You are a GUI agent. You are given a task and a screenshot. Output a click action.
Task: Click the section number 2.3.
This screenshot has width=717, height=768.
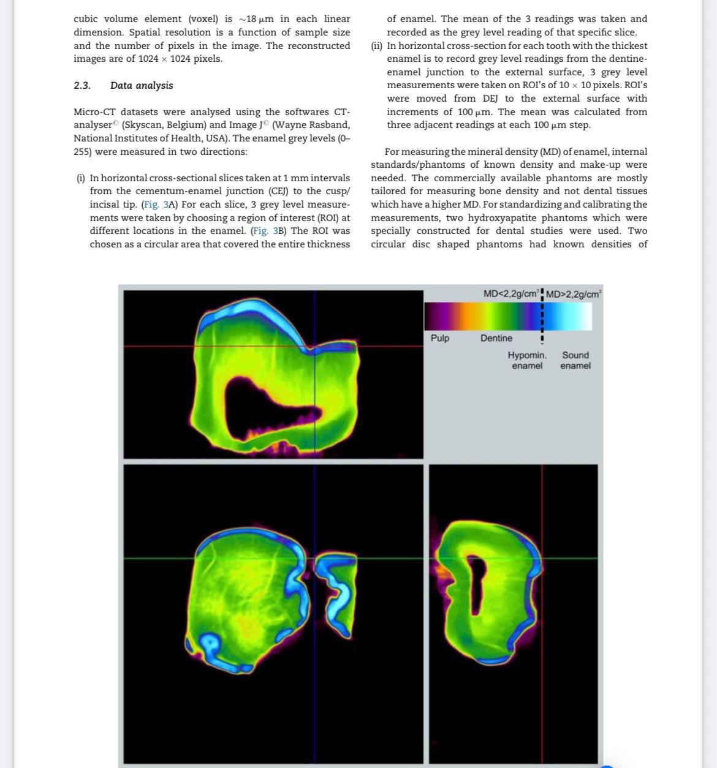pos(82,86)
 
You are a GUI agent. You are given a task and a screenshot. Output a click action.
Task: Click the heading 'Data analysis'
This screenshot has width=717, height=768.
pos(142,86)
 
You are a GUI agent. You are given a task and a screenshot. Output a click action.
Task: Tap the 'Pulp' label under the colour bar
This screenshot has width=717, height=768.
pos(440,338)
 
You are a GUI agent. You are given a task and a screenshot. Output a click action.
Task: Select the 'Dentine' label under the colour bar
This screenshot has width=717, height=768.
pos(496,338)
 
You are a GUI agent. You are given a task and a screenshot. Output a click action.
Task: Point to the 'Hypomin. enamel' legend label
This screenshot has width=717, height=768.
pos(527,360)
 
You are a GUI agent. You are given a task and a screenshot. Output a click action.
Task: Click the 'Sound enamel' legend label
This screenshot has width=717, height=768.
pos(575,360)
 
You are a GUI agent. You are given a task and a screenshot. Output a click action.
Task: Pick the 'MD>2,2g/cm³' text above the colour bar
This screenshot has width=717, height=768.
pos(574,295)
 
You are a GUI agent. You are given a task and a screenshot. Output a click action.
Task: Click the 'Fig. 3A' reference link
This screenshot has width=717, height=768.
pos(159,205)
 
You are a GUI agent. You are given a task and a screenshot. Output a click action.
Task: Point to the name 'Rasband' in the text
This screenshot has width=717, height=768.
pos(330,125)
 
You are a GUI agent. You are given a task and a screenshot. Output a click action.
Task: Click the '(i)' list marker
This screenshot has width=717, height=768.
pos(81,178)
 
